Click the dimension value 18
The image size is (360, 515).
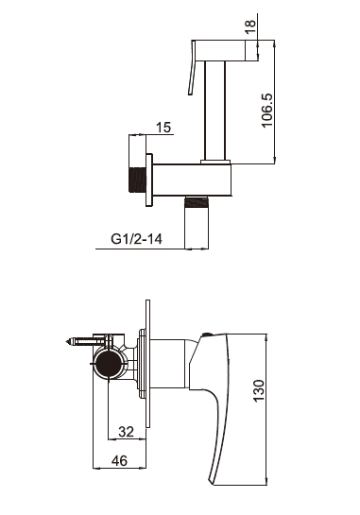point(250,27)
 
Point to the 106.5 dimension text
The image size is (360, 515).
point(266,111)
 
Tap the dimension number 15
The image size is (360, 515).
point(163,128)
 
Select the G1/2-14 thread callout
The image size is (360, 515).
point(136,239)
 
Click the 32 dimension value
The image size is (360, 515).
point(126,432)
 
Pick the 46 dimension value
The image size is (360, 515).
point(120,461)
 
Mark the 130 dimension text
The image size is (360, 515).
point(259,390)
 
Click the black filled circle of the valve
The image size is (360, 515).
point(108,364)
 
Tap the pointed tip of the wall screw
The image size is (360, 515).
point(66,341)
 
